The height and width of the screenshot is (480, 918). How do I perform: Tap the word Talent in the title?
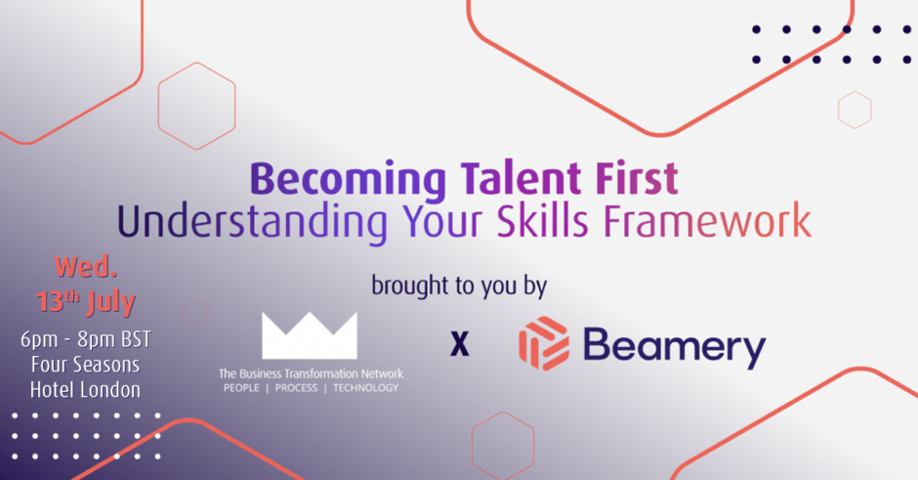pyautogui.click(x=521, y=178)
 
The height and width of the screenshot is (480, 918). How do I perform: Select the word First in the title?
pyautogui.click(x=637, y=178)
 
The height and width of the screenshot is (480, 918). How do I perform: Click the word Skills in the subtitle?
pyautogui.click(x=543, y=220)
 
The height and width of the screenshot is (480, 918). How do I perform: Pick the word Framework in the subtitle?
pyautogui.click(x=707, y=220)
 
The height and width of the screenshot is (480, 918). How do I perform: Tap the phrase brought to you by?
pyautogui.click(x=459, y=286)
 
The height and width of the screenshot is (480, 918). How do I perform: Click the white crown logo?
pyautogui.click(x=310, y=335)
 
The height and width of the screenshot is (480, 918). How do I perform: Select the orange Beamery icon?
pyautogui.click(x=543, y=343)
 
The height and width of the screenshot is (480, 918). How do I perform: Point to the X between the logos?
pyautogui.click(x=460, y=343)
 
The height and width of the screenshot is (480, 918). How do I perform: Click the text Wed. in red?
pyautogui.click(x=86, y=267)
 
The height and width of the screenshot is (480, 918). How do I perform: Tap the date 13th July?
pyautogui.click(x=86, y=302)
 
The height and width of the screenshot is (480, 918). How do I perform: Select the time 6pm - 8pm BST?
pyautogui.click(x=86, y=339)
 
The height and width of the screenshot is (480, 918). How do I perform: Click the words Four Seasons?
pyautogui.click(x=86, y=365)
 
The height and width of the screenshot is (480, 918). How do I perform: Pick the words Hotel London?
pyautogui.click(x=86, y=390)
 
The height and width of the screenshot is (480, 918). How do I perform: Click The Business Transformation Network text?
pyautogui.click(x=311, y=373)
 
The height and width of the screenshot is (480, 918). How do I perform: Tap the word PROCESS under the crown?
pyautogui.click(x=296, y=388)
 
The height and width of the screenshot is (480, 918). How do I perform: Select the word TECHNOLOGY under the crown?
pyautogui.click(x=366, y=388)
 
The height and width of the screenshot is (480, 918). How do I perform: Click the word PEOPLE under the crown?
pyautogui.click(x=241, y=388)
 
